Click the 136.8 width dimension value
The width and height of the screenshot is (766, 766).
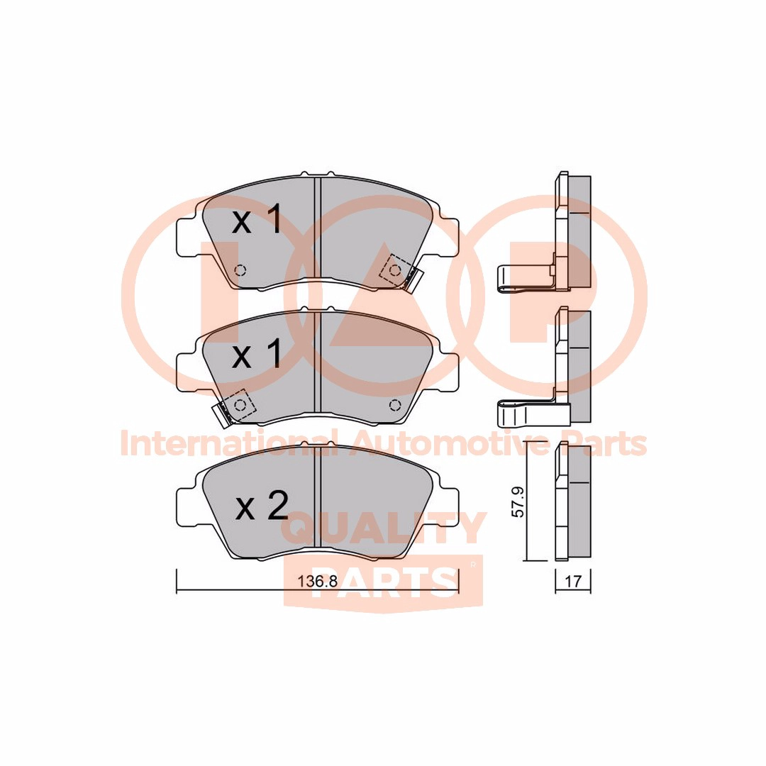[318, 582]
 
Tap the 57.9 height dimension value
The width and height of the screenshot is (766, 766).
[518, 502]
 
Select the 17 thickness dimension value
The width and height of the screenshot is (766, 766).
[573, 582]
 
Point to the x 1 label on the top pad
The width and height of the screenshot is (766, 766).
[257, 219]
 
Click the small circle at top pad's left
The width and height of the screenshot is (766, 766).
[240, 270]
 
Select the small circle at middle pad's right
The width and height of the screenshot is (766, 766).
[395, 404]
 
